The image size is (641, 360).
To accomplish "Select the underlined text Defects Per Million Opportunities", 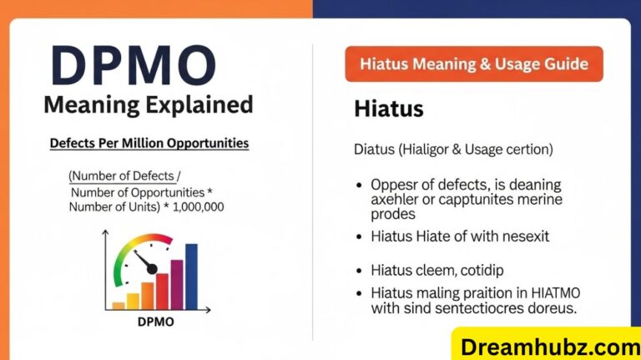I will click(x=149, y=143).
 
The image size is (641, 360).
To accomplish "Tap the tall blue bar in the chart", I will click(x=191, y=276).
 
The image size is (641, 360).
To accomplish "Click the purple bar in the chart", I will click(x=176, y=284).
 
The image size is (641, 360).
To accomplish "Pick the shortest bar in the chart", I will click(x=119, y=305).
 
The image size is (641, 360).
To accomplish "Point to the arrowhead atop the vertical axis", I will click(x=105, y=236).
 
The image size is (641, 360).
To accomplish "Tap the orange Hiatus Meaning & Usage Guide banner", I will click(x=474, y=63).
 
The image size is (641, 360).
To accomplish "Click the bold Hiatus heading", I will click(x=388, y=109).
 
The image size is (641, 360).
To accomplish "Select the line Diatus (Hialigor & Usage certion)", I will click(x=453, y=150).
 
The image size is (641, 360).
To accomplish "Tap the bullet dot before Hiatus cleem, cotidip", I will click(x=359, y=271).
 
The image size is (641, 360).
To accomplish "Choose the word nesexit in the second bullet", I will click(x=524, y=236).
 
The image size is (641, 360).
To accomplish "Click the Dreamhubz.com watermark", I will click(x=548, y=342).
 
